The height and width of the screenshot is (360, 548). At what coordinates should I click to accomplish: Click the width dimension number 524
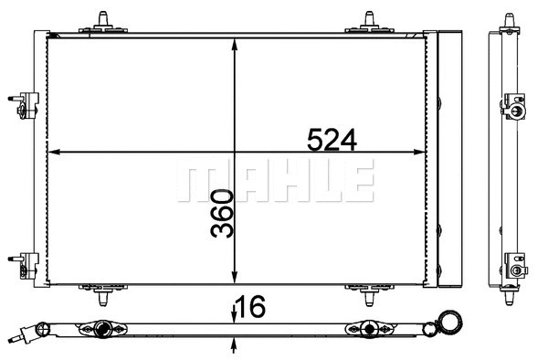330,140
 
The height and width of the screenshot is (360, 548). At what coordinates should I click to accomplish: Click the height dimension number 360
222,214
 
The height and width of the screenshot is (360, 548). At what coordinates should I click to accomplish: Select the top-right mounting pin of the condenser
370,19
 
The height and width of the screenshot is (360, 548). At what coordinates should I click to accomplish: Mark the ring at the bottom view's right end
450,323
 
